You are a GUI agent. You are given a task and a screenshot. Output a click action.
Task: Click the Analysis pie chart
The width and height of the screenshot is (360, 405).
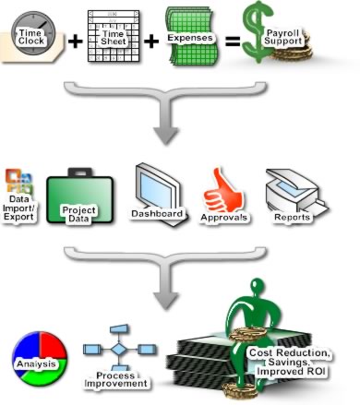click(38, 363)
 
